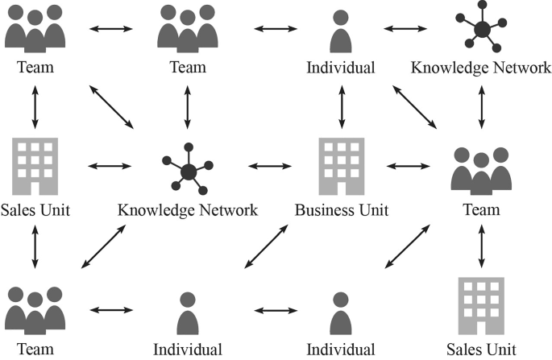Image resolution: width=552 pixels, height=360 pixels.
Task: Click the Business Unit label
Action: pos(341,211)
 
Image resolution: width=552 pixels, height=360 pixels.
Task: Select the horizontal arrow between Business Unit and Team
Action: pos(409,167)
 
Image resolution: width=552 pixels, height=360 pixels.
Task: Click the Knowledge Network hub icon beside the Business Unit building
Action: pos(188,168)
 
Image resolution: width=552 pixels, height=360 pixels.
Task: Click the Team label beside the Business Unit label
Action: pos(481,211)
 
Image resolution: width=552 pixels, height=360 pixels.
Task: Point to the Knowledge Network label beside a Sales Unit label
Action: pos(188,211)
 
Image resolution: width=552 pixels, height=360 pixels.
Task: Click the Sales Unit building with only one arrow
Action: pos(481,305)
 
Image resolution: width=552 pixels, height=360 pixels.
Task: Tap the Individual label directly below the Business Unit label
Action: pos(341,349)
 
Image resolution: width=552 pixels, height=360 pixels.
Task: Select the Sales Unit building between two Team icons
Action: pos(35,166)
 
